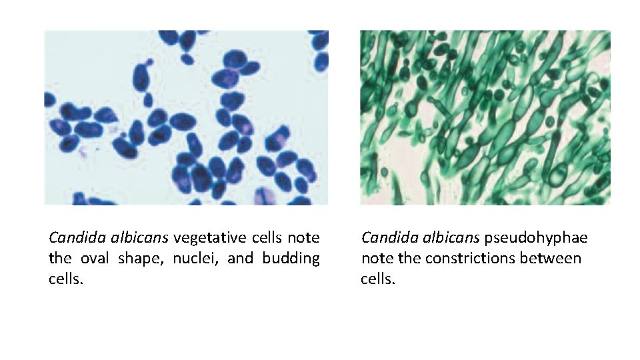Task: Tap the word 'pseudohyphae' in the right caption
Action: pos(536,237)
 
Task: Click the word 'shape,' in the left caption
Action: pos(139,258)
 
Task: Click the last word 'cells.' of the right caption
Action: pos(378,279)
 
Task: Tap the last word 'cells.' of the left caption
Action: pos(66,279)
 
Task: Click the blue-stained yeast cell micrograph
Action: pos(186,117)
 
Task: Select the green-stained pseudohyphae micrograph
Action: pos(485,117)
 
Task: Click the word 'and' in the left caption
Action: pos(239,258)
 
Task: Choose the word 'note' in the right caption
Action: pos(377,258)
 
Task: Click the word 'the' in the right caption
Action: pos(409,258)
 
